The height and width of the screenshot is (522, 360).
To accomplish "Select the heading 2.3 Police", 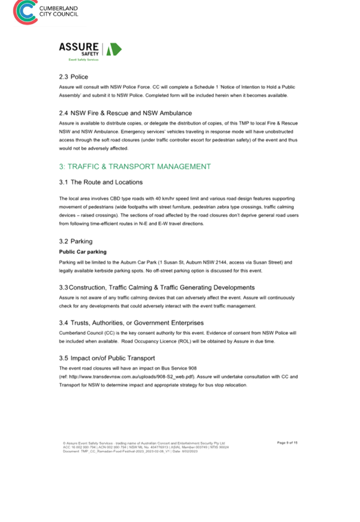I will [73, 77].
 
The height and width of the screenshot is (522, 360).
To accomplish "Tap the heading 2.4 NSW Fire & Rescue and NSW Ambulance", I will [125, 113].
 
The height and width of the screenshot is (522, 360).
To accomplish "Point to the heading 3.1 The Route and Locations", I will [101, 182].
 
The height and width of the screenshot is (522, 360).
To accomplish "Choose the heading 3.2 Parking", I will [75, 241].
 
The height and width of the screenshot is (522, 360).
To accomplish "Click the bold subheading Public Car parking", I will [82, 252].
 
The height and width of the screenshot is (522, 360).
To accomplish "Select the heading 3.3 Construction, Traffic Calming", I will [157, 288].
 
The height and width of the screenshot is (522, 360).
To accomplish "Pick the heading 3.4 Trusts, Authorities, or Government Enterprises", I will [131, 322].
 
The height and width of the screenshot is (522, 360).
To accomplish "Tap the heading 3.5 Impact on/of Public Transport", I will [107, 358].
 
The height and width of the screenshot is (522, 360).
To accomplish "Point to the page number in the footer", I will [287, 442].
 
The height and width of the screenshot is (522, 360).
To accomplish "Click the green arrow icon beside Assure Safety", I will [114, 50].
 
